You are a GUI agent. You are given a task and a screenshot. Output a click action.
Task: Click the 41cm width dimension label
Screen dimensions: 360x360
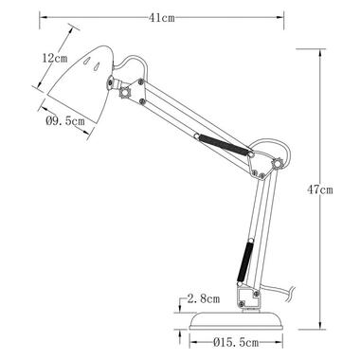pyautogui.click(x=162, y=18)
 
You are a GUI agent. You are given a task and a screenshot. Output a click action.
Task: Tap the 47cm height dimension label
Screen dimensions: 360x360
pyautogui.click(x=320, y=189)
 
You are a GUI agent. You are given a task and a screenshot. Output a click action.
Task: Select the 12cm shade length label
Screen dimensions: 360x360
pyautogui.click(x=55, y=58)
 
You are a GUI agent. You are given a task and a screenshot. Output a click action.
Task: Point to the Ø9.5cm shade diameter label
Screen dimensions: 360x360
pyautogui.click(x=65, y=120)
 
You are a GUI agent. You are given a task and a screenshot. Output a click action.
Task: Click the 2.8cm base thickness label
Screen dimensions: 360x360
pyautogui.click(x=204, y=298)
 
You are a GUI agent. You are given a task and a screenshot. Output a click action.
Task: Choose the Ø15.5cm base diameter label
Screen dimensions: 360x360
pyautogui.click(x=236, y=342)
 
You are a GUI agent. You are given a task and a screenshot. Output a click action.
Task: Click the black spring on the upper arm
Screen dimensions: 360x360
pyautogui.click(x=225, y=145)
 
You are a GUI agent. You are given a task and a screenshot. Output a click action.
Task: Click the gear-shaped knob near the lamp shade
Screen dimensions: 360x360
pyautogui.click(x=124, y=93)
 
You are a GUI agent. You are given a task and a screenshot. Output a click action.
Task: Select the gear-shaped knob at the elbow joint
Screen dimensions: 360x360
pyautogui.click(x=277, y=164)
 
